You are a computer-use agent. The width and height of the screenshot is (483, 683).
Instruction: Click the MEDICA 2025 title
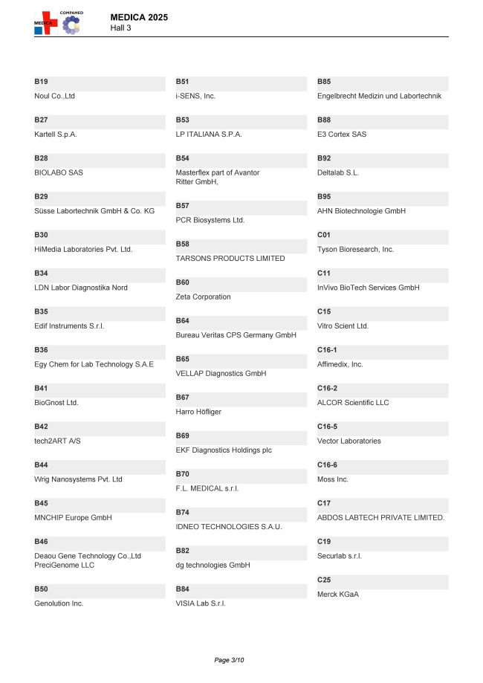point(140,16)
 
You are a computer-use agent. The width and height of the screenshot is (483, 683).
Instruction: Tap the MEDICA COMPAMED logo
point(59,23)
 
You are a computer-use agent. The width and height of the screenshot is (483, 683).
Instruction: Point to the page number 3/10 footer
point(229,660)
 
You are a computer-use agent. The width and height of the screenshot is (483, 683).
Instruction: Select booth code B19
point(41,81)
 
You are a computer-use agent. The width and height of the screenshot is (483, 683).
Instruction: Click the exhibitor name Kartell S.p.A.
point(56,135)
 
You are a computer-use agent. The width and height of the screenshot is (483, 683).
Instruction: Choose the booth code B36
point(41,349)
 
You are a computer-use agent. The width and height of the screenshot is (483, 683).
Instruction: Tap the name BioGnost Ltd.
point(56,403)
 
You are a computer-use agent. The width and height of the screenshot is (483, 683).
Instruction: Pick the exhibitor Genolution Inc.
point(59,603)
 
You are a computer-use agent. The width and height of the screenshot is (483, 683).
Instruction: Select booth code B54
point(182,158)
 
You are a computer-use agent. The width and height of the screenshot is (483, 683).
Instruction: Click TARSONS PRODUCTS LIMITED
point(230,259)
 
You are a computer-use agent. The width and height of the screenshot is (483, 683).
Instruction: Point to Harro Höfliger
point(198,412)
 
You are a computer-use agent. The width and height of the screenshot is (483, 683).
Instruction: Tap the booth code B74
point(182,513)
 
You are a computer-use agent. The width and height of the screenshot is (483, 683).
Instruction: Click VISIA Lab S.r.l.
point(201,603)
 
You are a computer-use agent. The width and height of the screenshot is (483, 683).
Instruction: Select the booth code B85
point(324,81)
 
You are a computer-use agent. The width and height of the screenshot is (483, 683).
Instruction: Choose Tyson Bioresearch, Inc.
point(355,250)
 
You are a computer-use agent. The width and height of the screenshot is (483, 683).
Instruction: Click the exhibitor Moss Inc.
point(333,479)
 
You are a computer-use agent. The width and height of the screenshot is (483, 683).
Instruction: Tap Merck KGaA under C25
point(338,595)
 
